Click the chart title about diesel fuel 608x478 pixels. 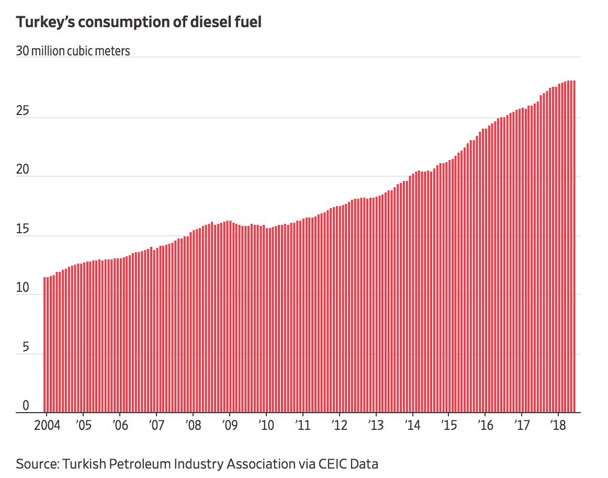(x=139, y=22)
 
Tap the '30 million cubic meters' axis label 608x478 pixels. (x=73, y=51)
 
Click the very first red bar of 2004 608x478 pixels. (x=45, y=345)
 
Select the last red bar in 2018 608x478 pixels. (x=574, y=246)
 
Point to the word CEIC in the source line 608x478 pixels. (x=334, y=463)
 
